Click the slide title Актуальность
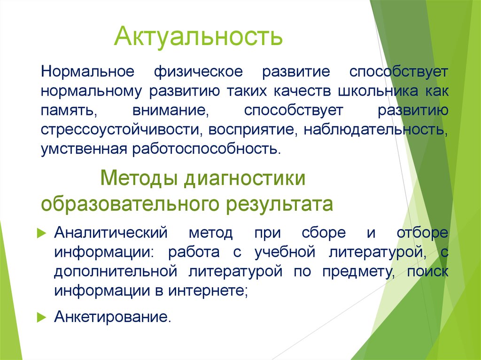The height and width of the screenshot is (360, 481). click(199, 37)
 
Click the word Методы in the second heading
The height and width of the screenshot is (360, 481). click(140, 179)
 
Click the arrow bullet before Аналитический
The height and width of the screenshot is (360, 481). click(41, 233)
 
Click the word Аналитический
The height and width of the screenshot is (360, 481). click(111, 233)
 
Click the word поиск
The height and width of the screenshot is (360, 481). click(427, 271)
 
